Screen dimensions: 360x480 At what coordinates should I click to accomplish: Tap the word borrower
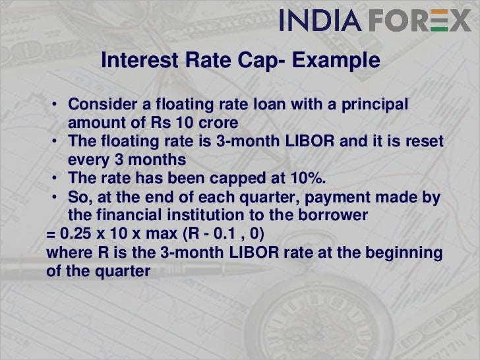[x=329, y=216]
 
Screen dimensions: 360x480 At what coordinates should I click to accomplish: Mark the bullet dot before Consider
[x=58, y=106]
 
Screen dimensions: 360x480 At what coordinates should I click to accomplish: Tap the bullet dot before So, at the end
[x=58, y=198]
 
